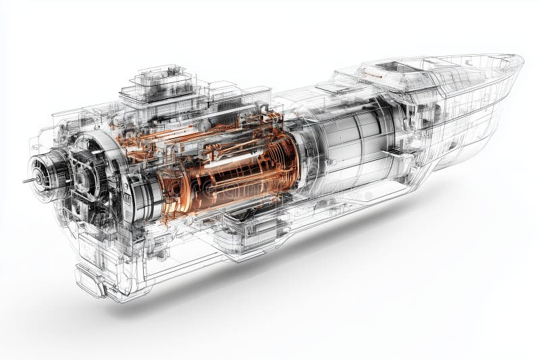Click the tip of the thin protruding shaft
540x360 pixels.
[24, 181]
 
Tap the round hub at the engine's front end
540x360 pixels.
[43, 174]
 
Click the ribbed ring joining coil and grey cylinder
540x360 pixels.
[301, 159]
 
